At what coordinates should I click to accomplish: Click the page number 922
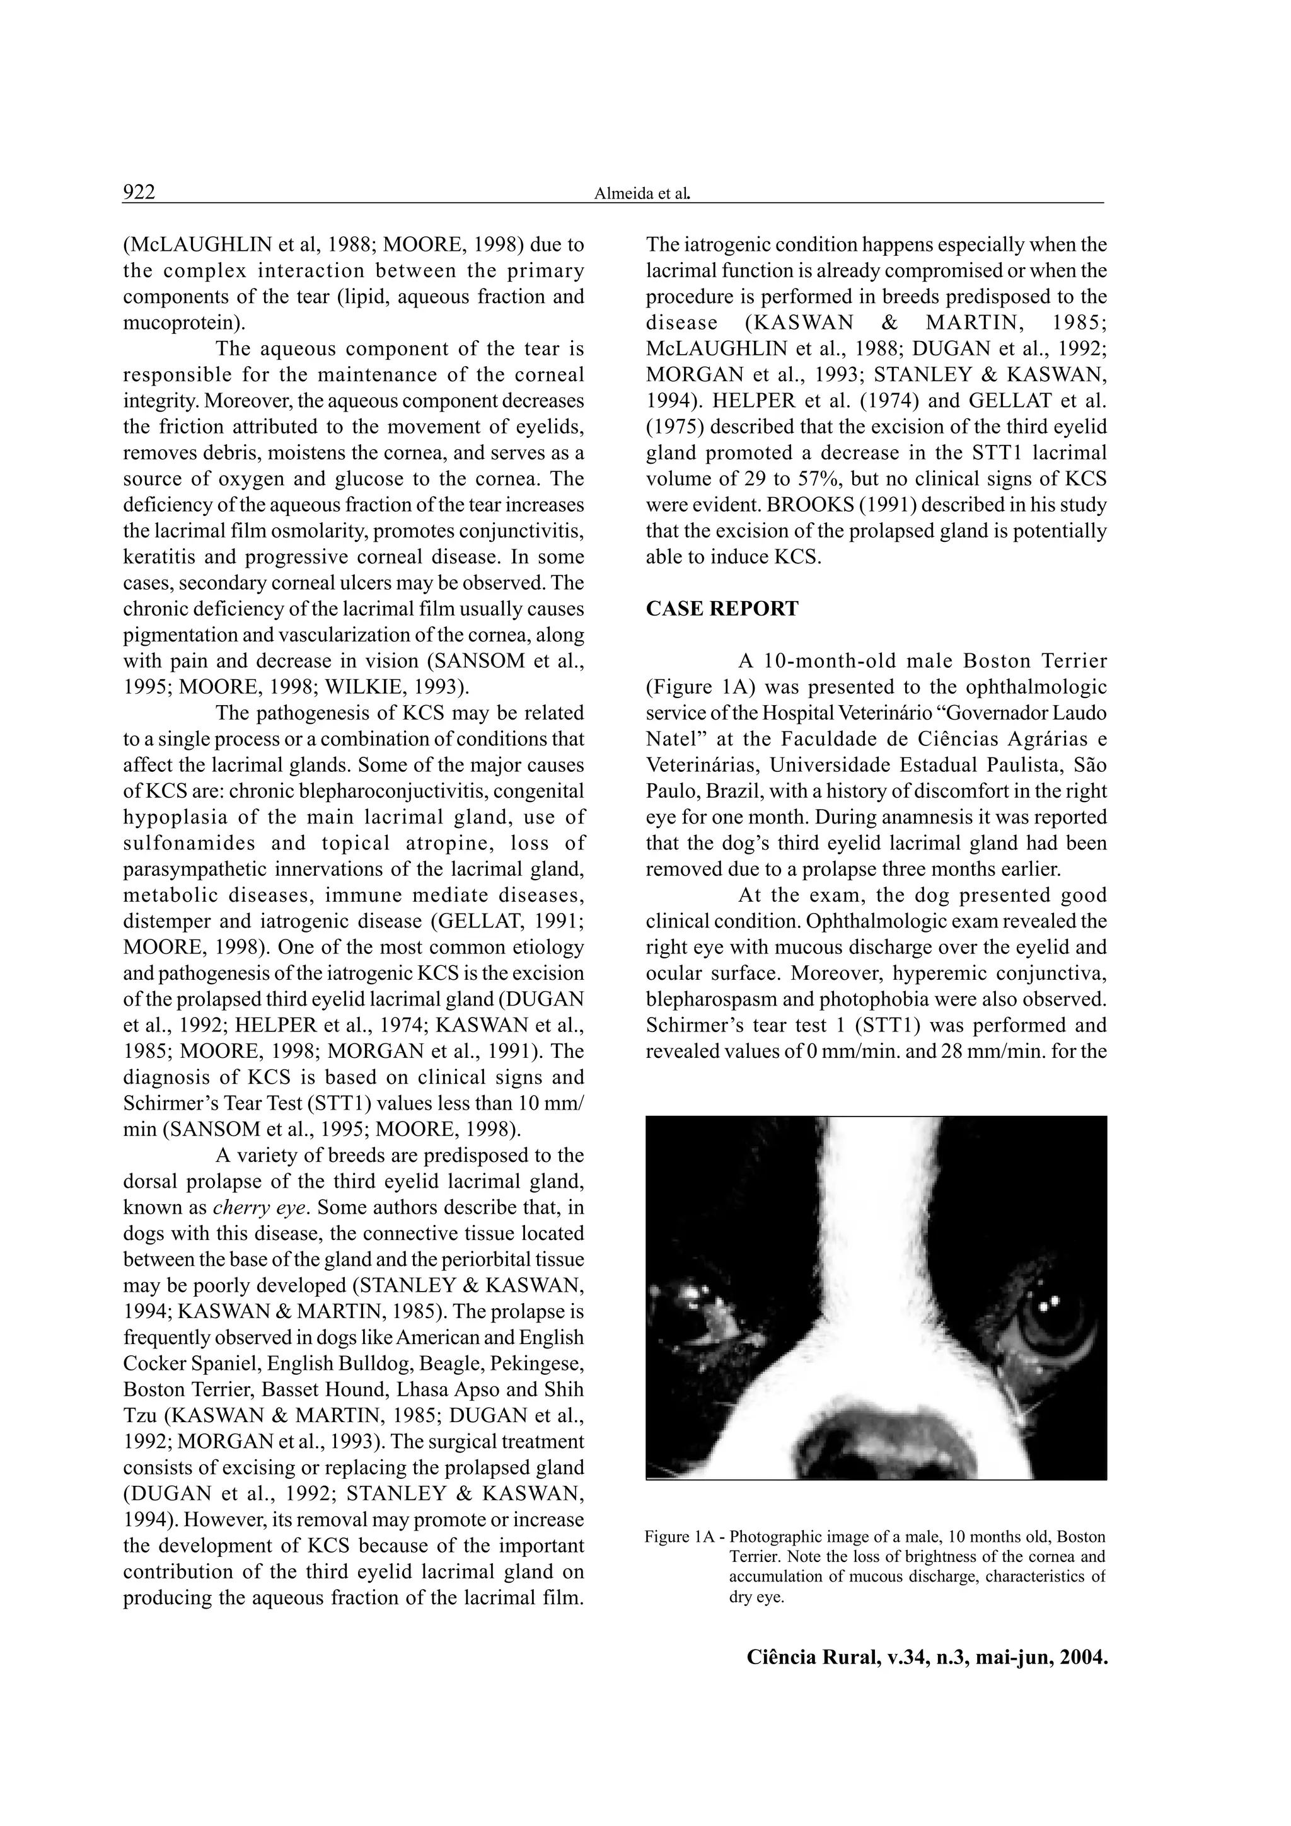139,192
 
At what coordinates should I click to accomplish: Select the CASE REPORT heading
722,609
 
